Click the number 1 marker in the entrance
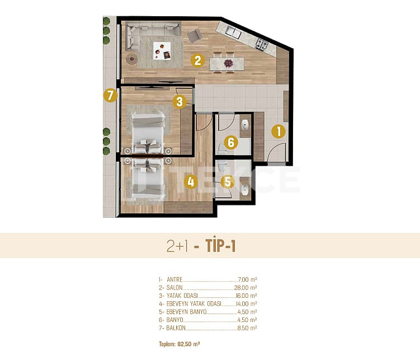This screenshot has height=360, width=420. tap(279, 132)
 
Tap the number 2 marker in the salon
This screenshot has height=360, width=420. tap(197, 60)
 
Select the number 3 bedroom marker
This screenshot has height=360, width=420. tap(180, 102)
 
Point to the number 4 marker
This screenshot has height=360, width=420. tap(191, 182)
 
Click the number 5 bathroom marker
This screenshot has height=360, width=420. tap(228, 182)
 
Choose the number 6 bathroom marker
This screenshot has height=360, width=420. tap(231, 142)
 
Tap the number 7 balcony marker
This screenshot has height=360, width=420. tap(110, 95)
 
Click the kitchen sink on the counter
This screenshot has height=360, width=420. tap(233, 32)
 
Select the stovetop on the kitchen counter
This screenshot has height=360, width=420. tap(261, 44)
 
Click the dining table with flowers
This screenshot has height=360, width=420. tap(226, 63)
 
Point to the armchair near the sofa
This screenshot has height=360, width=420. tap(195, 36)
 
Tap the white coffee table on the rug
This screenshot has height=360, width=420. tap(162, 51)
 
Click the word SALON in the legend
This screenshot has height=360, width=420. tap(174, 288)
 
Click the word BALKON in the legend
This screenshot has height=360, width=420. tap(176, 328)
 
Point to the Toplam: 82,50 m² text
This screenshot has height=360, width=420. tap(180, 344)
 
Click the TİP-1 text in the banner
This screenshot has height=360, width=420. tap(220, 246)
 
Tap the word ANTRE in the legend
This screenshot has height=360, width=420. tap(174, 279)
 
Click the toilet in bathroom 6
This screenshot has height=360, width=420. tap(222, 148)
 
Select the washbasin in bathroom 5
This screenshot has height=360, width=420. tap(245, 190)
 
